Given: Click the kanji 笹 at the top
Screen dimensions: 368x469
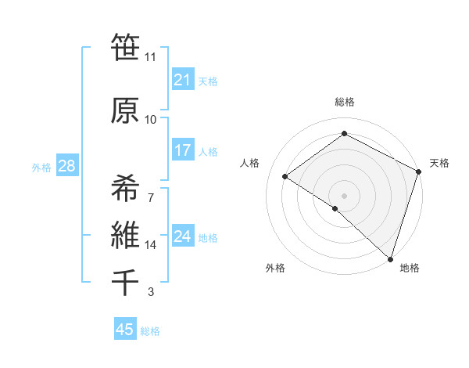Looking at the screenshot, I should coord(125,49).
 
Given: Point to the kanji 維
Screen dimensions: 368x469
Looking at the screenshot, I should coord(125,236).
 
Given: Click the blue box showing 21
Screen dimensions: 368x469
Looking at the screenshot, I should coord(182,80).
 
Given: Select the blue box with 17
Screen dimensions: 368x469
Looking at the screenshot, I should coord(182,150).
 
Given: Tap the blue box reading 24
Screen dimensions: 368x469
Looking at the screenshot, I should coord(182,236).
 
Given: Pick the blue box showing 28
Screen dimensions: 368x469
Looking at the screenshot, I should coord(66,167).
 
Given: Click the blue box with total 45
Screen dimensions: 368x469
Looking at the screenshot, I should coord(125,330).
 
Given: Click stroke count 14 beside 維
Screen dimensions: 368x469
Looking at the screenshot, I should coord(150,245).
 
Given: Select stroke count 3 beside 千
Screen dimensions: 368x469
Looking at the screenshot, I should coord(150,292).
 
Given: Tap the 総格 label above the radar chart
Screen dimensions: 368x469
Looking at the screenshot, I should coord(344,102).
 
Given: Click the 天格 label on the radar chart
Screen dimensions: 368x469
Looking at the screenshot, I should coord(439,163).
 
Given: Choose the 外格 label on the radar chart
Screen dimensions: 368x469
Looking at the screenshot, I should coord(275,268).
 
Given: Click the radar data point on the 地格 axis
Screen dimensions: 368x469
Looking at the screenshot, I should coord(390,258).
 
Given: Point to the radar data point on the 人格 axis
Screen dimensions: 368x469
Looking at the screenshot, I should coord(285,176).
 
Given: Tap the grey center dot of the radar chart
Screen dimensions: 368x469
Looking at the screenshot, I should coord(344,195).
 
